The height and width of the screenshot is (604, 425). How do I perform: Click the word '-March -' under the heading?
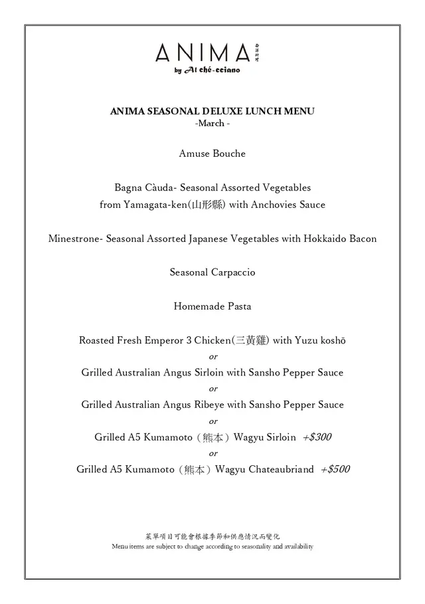pos(212,124)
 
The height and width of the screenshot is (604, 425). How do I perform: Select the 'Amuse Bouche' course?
pos(212,153)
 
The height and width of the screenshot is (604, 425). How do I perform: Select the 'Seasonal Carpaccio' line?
pos(212,272)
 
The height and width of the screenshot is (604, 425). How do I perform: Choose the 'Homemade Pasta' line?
pos(212,306)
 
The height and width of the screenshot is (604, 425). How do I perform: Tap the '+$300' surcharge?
pos(317,437)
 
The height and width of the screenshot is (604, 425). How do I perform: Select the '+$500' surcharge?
pos(335,469)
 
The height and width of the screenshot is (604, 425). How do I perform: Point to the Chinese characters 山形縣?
pos(209,205)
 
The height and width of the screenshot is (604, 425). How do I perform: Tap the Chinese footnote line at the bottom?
pos(212,536)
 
